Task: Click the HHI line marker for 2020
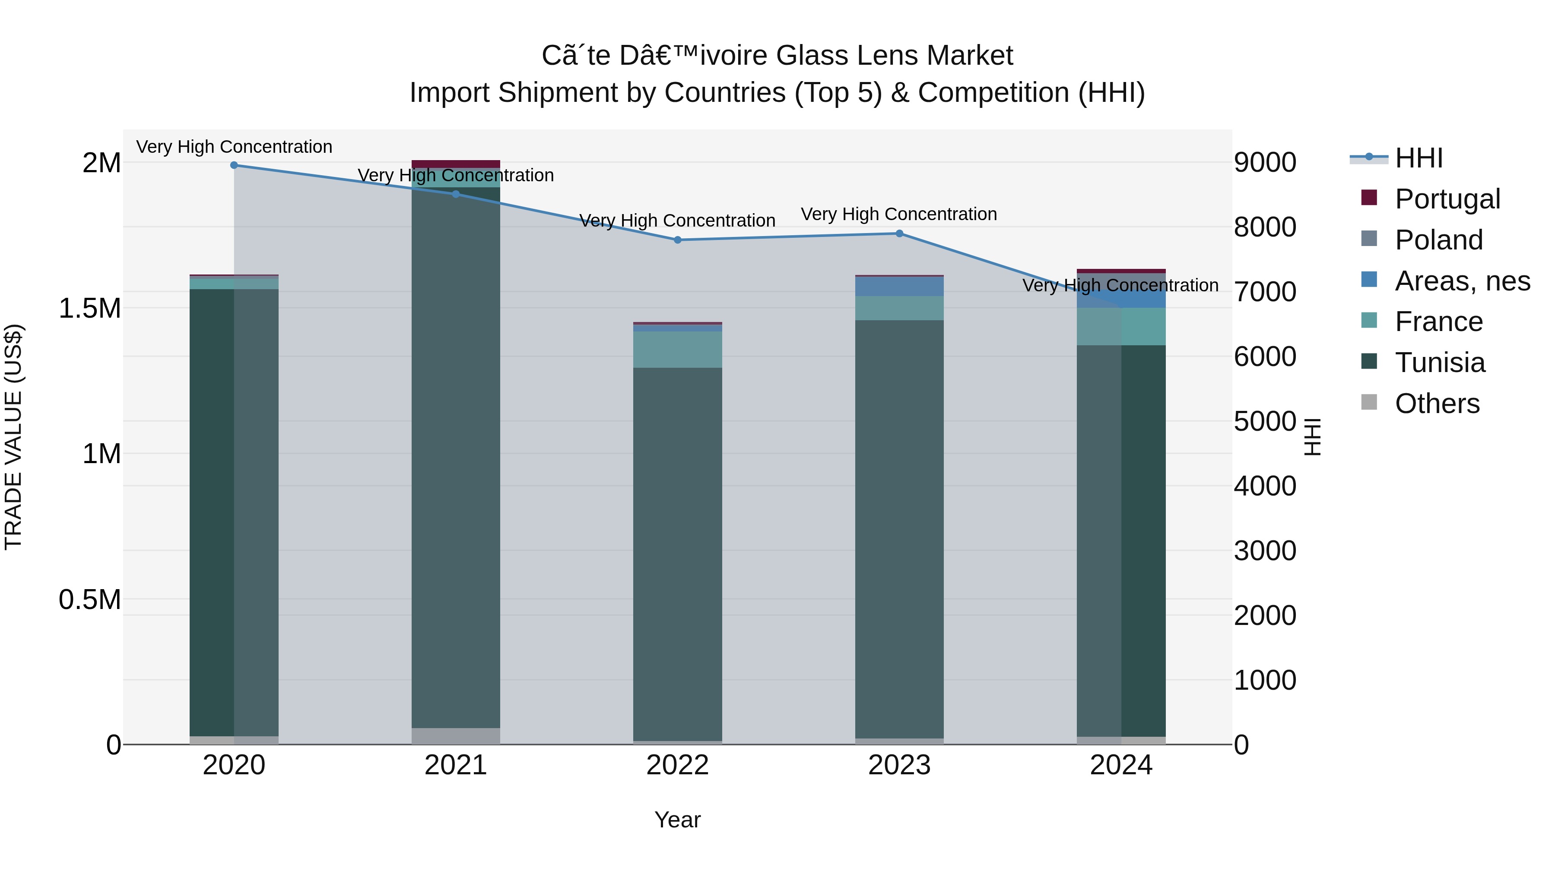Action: point(234,165)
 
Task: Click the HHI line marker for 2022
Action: point(677,240)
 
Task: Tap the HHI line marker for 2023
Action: point(899,233)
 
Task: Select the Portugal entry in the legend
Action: point(1447,199)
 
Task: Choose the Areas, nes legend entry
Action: point(1461,281)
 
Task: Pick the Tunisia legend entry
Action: point(1439,363)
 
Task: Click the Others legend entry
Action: point(1437,404)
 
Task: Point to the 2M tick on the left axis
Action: point(102,163)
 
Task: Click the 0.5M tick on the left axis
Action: point(90,599)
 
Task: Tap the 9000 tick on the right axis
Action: point(1265,163)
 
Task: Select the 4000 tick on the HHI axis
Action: point(1265,486)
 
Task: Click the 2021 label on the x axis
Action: point(456,765)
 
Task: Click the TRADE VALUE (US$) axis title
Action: point(13,437)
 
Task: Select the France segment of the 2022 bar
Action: point(677,350)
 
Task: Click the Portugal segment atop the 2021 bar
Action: point(456,164)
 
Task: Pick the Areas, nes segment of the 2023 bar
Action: point(899,287)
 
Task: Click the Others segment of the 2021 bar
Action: point(456,736)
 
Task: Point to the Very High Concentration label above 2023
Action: point(898,214)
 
